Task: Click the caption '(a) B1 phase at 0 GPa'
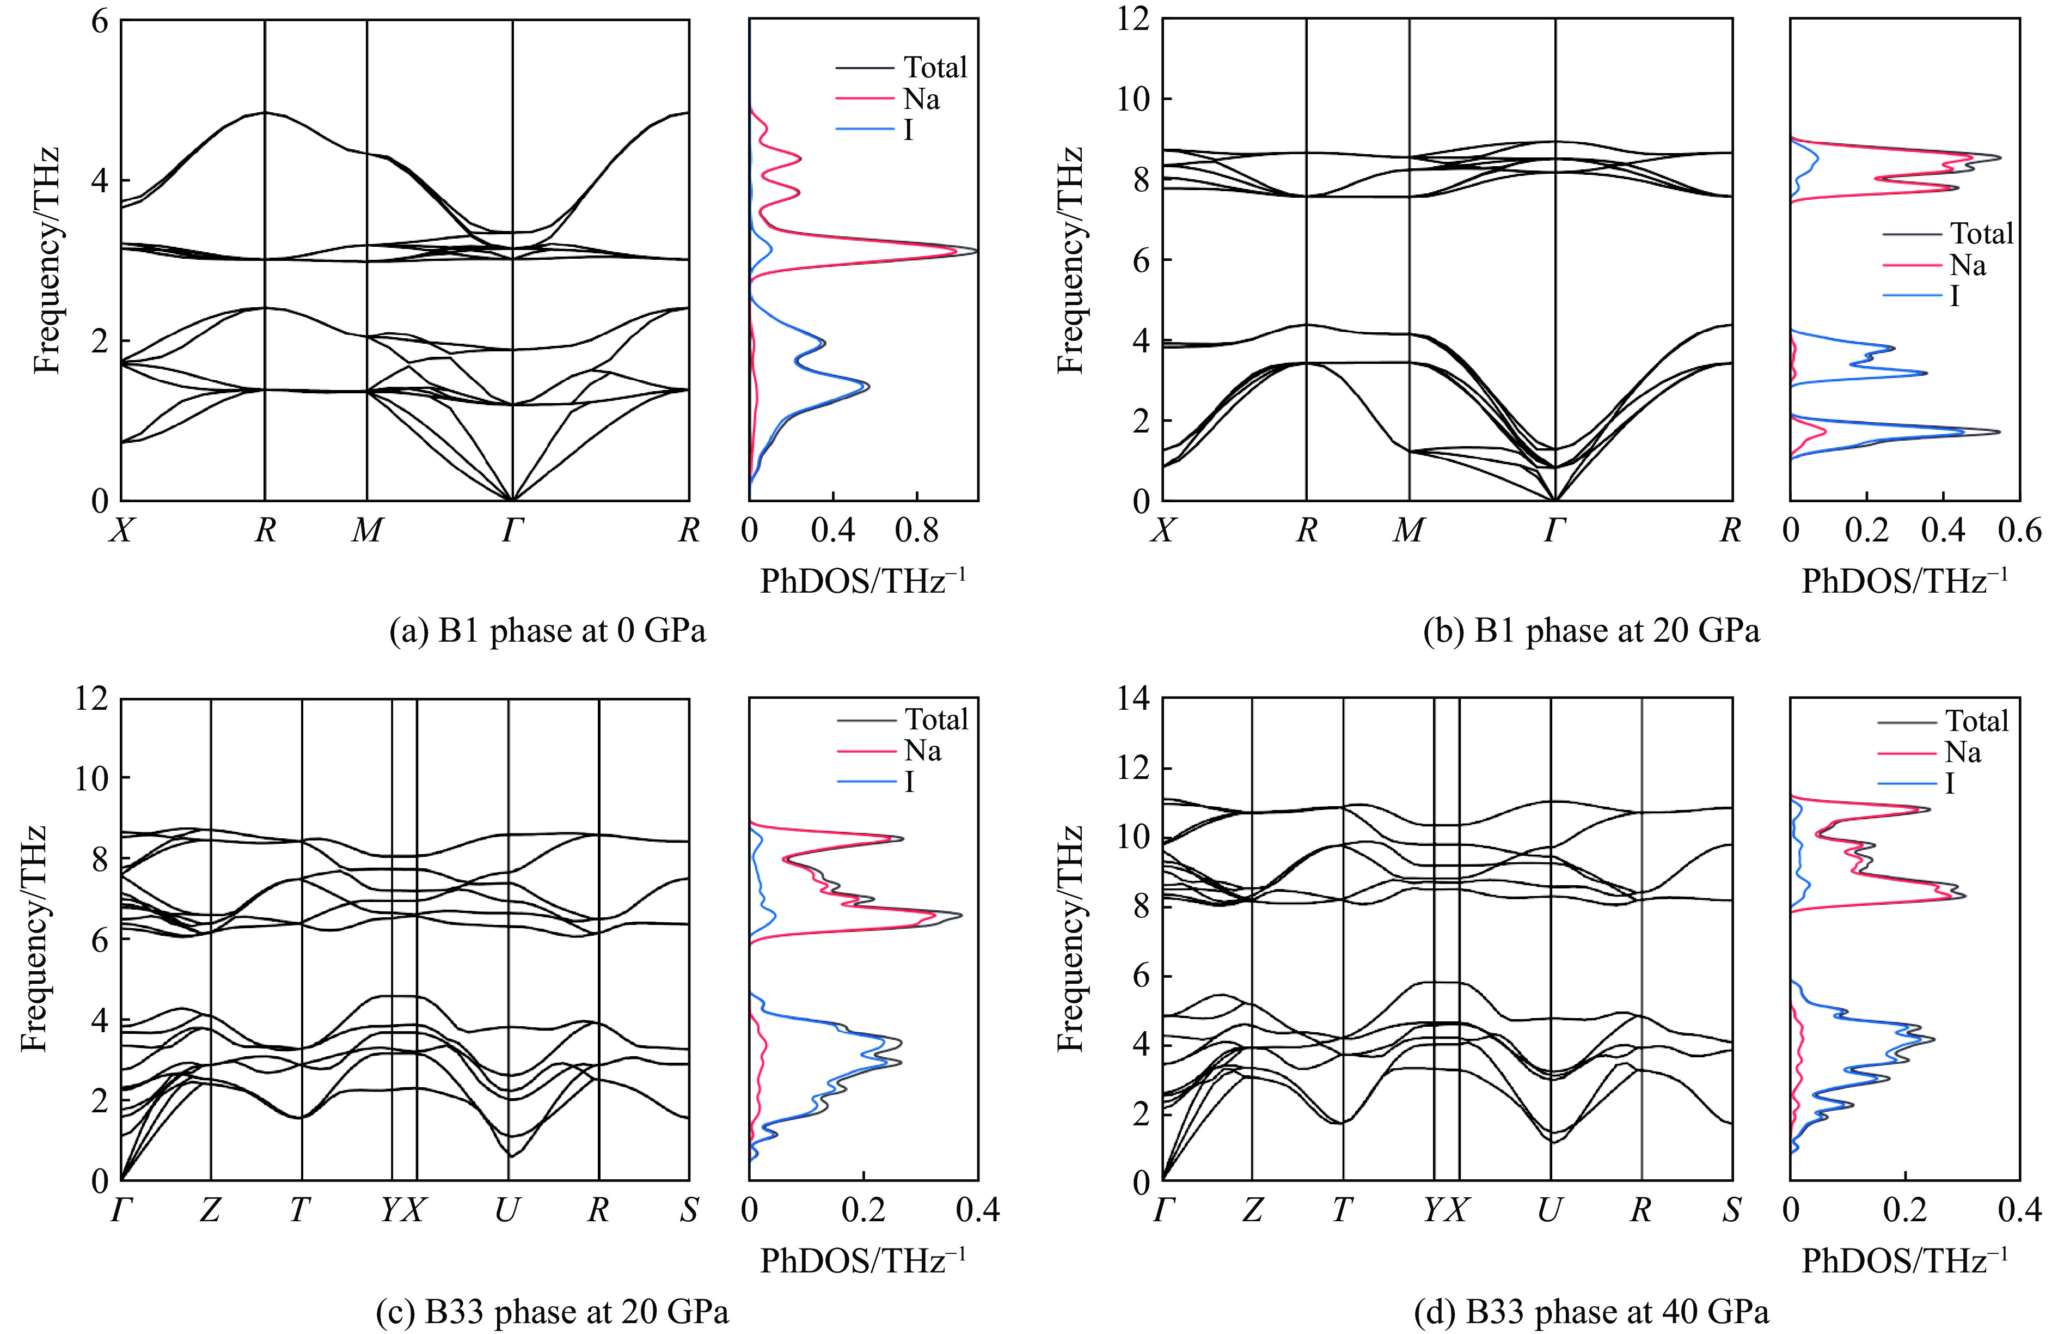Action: click(547, 631)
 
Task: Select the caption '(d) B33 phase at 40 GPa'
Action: click(1591, 1312)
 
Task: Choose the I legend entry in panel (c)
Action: click(909, 782)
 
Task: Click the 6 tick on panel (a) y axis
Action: click(100, 20)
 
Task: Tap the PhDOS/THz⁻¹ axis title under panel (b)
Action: click(1904, 581)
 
